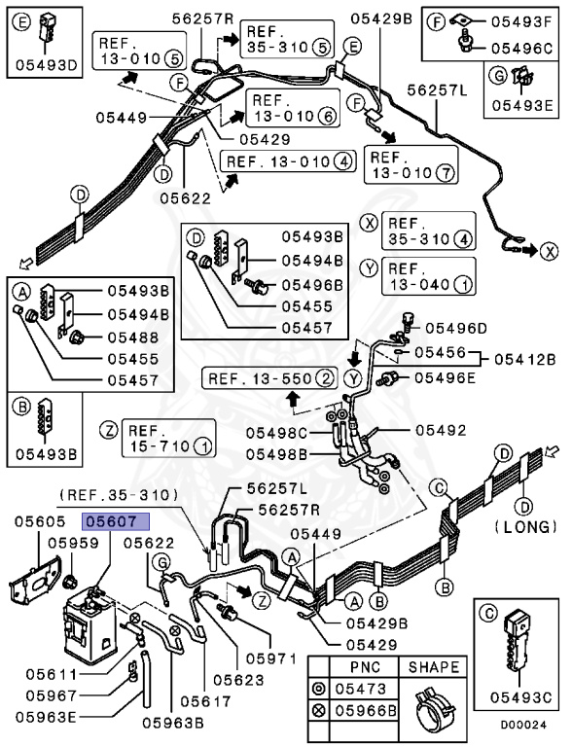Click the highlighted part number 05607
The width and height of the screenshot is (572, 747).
click(114, 521)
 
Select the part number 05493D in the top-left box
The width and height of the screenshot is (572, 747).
click(43, 65)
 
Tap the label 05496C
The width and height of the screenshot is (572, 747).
click(522, 46)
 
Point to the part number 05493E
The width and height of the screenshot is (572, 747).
click(521, 106)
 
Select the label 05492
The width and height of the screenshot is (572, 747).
click(441, 429)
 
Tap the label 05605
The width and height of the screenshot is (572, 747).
click(39, 521)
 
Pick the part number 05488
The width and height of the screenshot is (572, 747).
click(130, 338)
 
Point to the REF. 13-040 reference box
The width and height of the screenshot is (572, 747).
click(429, 276)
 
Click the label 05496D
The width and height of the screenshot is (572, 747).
click(456, 328)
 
